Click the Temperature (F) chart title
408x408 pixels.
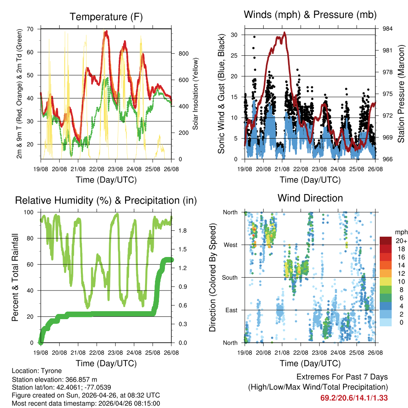[106, 17]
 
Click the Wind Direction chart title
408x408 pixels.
[310, 198]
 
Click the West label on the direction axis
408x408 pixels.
[230, 245]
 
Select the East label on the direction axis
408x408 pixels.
[231, 310]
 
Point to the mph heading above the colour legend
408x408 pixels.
[401, 232]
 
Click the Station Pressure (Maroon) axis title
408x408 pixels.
[401, 94]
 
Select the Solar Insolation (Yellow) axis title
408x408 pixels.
[195, 94]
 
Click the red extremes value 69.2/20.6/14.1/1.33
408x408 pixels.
[354, 398]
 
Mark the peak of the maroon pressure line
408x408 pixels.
[284, 33]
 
